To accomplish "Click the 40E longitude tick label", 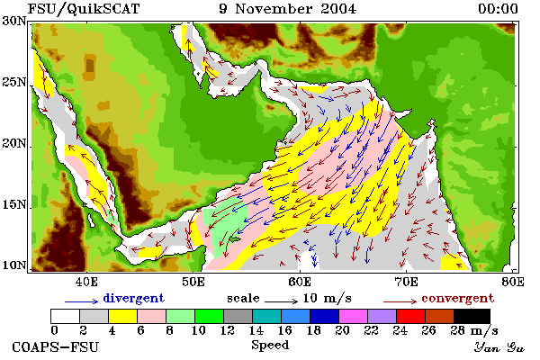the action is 86,282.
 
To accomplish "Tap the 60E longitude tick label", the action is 300,282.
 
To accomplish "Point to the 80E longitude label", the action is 513,282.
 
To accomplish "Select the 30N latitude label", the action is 14,21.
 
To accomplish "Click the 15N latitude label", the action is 14,205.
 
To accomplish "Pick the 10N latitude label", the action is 14,265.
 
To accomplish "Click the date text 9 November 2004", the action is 288,9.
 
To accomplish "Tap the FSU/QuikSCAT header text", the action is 84,9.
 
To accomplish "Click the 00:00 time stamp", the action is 498,9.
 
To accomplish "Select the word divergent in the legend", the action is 133,298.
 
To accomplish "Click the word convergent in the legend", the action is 458,298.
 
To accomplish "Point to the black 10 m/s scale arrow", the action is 281,301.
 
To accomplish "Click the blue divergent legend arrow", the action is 82,301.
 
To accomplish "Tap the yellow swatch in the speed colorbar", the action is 123,316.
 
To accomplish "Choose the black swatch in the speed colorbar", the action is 472,316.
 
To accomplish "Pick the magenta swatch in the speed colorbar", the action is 354,316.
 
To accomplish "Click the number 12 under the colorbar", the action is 228,330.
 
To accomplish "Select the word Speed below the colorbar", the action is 270,346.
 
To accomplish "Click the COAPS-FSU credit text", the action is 56,346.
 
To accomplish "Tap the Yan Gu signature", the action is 499,347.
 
